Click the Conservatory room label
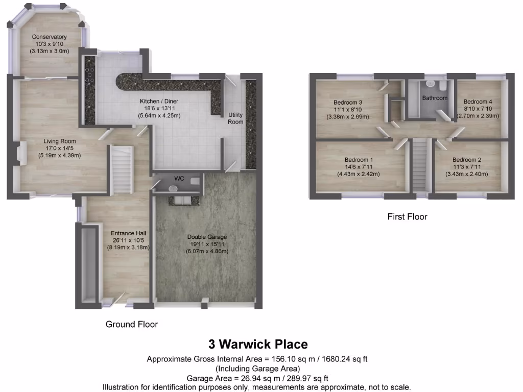[50, 37]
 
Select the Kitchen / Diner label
[159, 102]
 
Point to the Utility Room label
[235, 118]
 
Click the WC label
[179, 179]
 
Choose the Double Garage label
[207, 237]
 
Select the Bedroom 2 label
[466, 160]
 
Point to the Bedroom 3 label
[348, 102]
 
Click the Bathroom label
[434, 98]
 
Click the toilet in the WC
[195, 181]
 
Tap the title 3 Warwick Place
[257, 344]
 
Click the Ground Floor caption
[131, 324]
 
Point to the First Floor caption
[407, 216]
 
